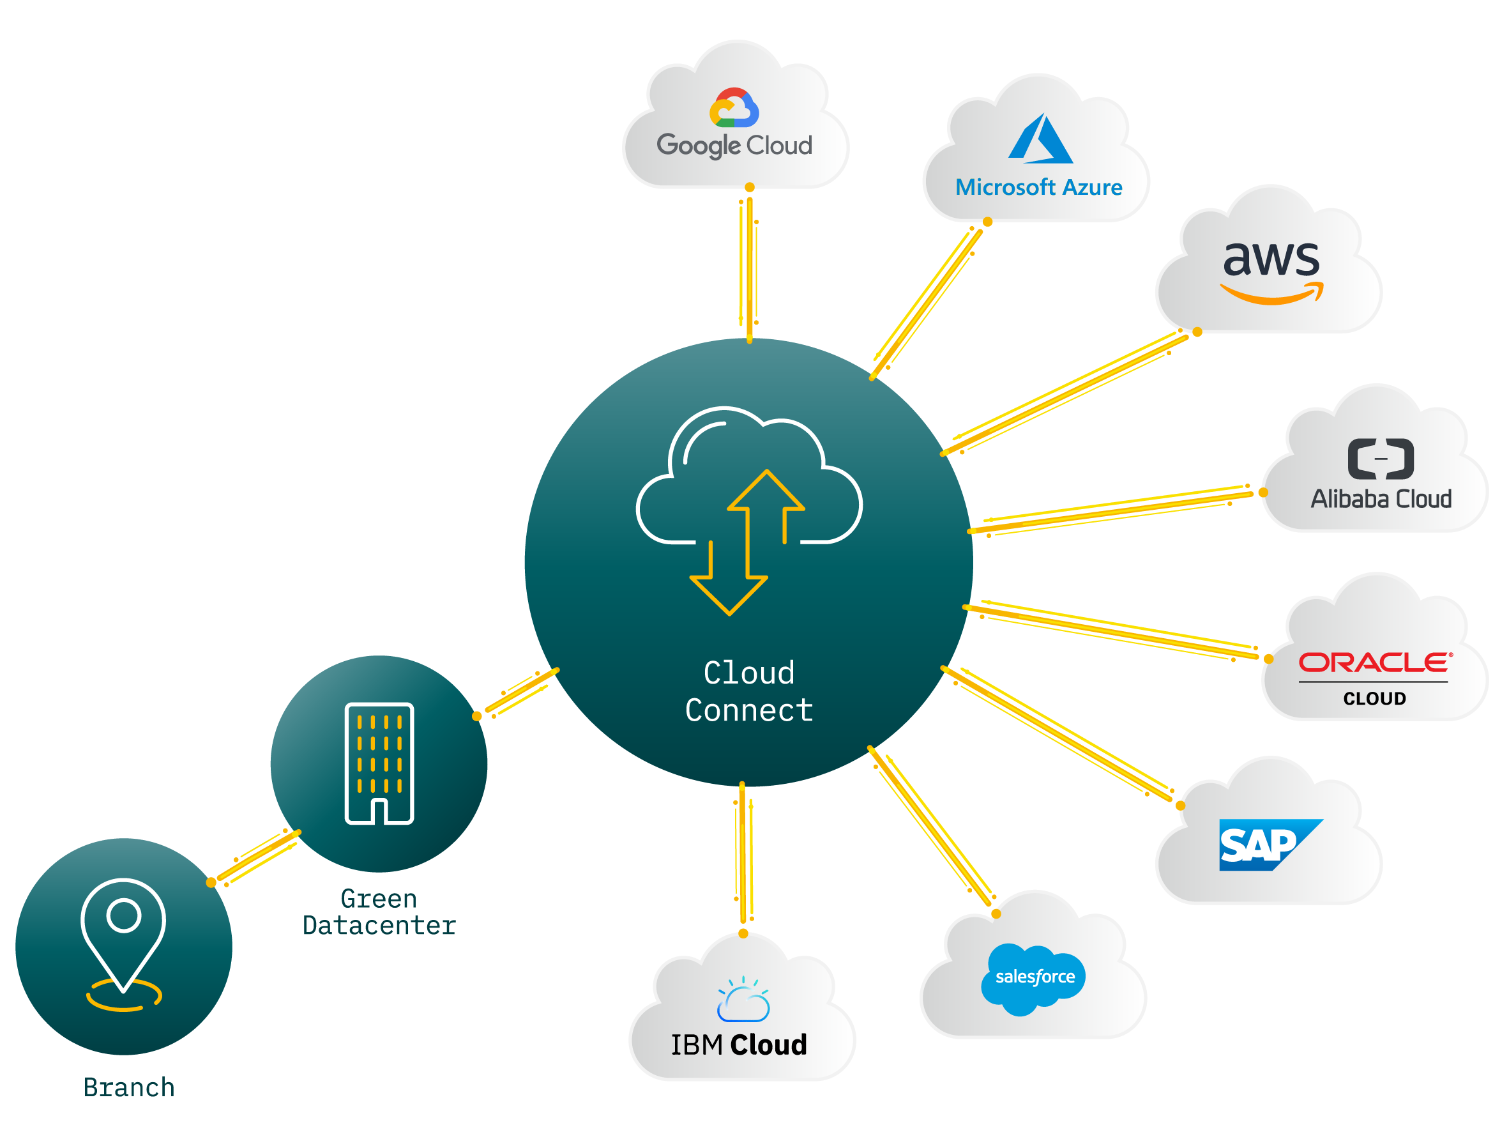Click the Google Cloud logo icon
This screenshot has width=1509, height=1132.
point(734,108)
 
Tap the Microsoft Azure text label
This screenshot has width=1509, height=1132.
point(1038,187)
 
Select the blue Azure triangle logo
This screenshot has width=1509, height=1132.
point(1040,139)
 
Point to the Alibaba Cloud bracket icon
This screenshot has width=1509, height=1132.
point(1380,459)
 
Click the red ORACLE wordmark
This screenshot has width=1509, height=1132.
point(1375,662)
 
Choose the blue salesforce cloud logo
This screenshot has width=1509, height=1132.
point(1034,977)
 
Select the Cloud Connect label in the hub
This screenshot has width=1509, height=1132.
point(749,691)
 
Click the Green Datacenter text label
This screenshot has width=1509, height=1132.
point(379,912)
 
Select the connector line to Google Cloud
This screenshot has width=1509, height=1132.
point(749,266)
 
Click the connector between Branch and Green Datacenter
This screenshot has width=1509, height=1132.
point(257,856)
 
